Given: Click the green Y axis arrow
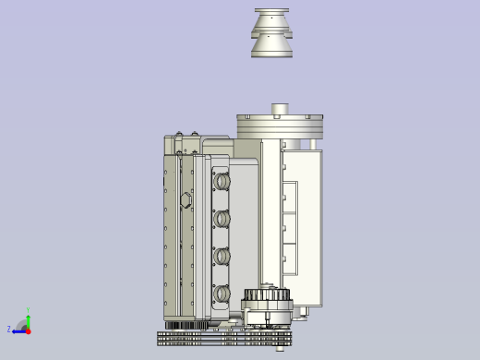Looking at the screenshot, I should pyautogui.click(x=29, y=320).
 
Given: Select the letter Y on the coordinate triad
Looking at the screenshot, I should pyautogui.click(x=28, y=311).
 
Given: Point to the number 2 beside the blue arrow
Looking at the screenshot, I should pyautogui.click(x=9, y=330).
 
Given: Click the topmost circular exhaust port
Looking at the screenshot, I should pyautogui.click(x=222, y=182).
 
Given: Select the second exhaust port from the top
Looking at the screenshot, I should pyautogui.click(x=222, y=220).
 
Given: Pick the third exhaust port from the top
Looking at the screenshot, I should pyautogui.click(x=222, y=257).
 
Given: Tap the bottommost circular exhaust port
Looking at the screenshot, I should pyautogui.click(x=222, y=294).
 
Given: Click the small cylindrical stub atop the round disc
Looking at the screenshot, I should pyautogui.click(x=280, y=110).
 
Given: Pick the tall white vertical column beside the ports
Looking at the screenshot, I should pyautogui.click(x=270, y=212).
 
